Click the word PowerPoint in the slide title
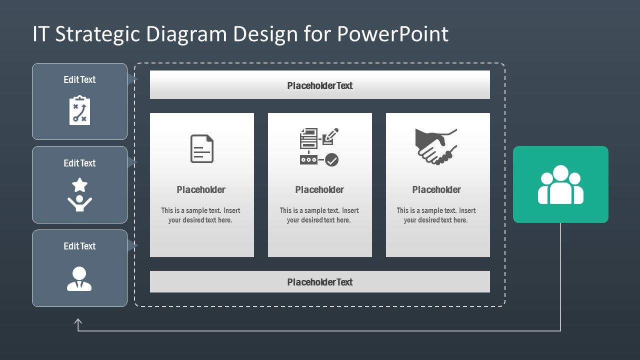coord(392,34)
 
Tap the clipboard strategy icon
coord(79,110)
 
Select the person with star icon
coord(79,194)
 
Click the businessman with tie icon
coord(79,279)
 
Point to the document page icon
coord(202,148)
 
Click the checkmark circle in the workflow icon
coord(332,160)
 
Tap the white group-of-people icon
coord(560,184)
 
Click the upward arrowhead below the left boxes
coord(78,322)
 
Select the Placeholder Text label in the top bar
coord(320,85)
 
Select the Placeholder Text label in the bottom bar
coord(320,282)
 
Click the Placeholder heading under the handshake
coord(436,189)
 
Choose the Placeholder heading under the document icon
coord(201,189)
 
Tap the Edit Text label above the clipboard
coord(79,79)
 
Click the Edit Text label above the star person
coord(79,163)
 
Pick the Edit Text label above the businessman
coord(79,246)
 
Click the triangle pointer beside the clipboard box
coord(132,79)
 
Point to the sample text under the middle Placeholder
coord(319,215)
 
